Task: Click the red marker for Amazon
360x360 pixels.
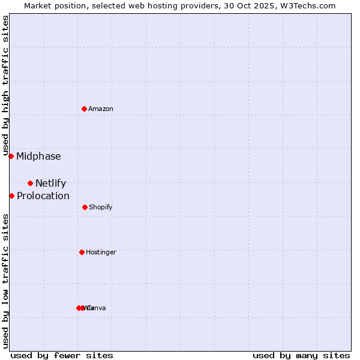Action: tap(84, 109)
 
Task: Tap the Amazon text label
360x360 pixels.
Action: tap(101, 109)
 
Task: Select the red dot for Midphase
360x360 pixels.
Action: tap(11, 156)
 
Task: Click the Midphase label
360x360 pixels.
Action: tap(38, 157)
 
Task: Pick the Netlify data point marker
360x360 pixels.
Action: tap(30, 183)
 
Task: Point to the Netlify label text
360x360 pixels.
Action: tap(50, 184)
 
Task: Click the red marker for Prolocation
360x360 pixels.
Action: tap(11, 196)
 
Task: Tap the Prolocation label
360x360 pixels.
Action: tap(43, 196)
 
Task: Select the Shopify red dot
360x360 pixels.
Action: tap(85, 207)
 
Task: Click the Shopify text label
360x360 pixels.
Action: tap(101, 208)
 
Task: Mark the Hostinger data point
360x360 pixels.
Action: tap(82, 252)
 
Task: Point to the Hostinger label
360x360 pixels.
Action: tap(101, 253)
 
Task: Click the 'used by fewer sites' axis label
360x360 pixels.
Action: tap(62, 355)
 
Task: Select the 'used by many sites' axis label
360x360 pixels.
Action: tap(301, 355)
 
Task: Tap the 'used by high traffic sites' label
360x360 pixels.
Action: tap(5, 85)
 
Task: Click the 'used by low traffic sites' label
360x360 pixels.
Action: tap(5, 281)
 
